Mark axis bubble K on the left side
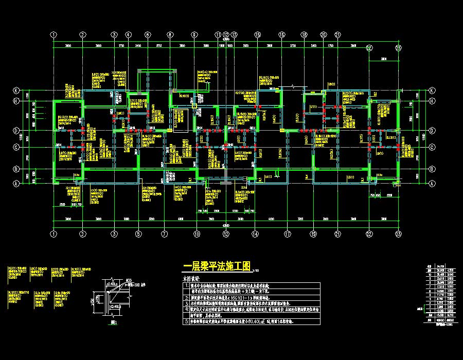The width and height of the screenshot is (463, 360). coord(16,90)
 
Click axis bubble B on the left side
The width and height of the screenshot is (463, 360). coord(16,169)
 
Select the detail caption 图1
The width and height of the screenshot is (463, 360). coord(114,323)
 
